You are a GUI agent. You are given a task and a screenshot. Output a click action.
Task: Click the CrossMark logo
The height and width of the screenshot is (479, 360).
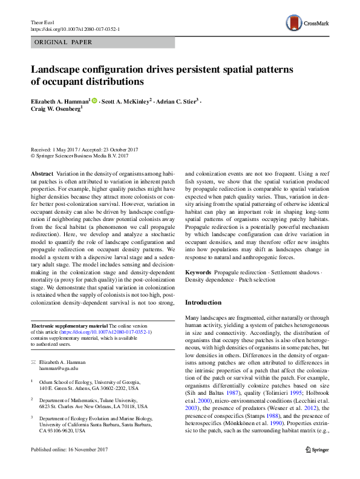point(307,24)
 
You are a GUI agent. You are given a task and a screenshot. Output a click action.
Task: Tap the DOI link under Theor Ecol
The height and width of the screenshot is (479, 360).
point(74,29)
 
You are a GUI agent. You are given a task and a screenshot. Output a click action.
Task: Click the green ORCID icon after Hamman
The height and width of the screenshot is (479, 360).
point(94,100)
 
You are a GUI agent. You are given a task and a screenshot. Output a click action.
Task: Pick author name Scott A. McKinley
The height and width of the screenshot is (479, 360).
point(126,100)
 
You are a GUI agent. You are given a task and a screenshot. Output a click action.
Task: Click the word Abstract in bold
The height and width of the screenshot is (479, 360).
point(41,173)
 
